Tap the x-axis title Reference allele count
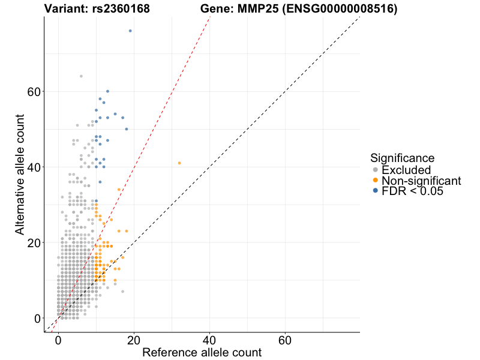[x=202, y=352]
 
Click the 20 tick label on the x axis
[x=134, y=340]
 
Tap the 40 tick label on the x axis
[x=209, y=340]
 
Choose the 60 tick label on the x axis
[x=285, y=340]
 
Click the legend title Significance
[x=402, y=158]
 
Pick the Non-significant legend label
[x=421, y=181]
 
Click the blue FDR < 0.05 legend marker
[x=376, y=191]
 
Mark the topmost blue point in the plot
[x=130, y=31]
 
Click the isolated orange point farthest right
[x=179, y=163]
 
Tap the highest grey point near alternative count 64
[x=81, y=76]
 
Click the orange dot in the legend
[x=376, y=181]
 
